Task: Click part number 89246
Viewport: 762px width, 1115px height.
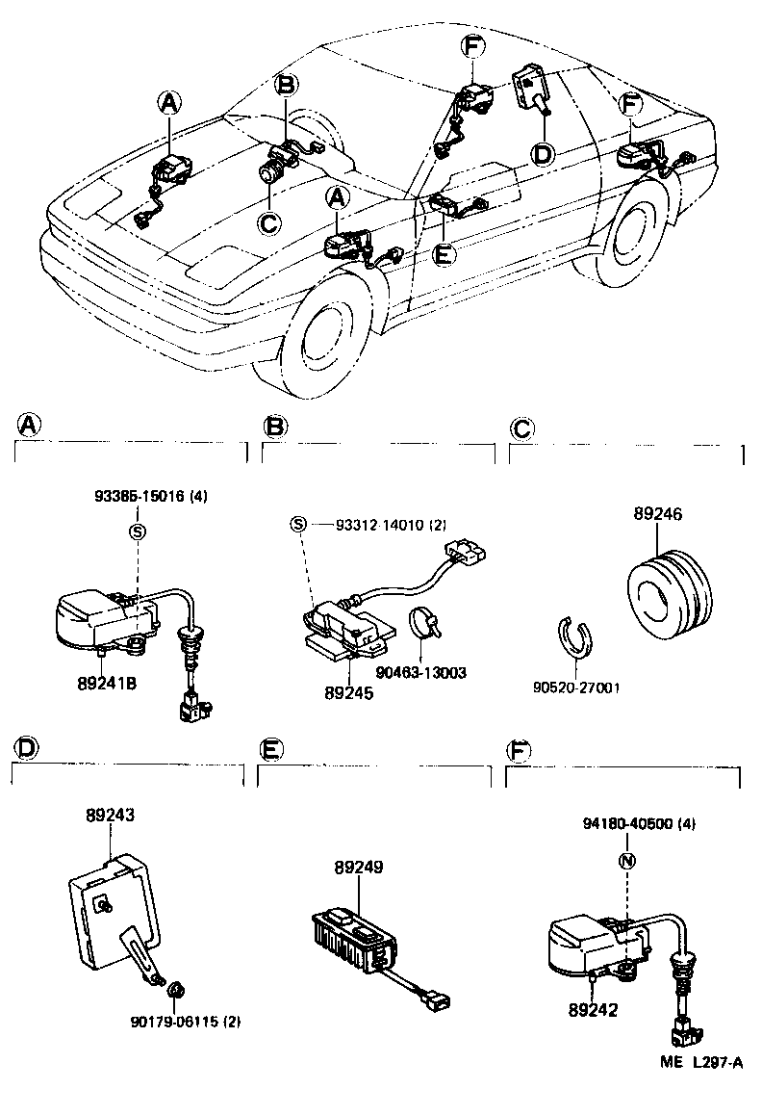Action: coord(657,515)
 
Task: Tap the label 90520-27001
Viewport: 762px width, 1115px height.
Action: coord(576,688)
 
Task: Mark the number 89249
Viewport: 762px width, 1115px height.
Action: coord(359,868)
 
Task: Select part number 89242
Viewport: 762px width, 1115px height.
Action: coord(594,1011)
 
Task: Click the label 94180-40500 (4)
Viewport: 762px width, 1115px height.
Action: coord(639,824)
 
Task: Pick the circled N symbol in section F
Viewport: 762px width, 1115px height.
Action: coord(624,861)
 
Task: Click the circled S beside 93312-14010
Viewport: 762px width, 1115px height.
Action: coord(299,524)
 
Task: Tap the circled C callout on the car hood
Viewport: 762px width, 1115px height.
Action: coord(269,222)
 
